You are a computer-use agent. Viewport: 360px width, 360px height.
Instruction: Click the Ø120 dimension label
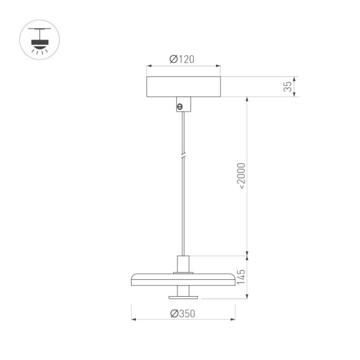[x=182, y=60]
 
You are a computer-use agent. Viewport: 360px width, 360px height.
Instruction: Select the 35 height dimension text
[x=287, y=87]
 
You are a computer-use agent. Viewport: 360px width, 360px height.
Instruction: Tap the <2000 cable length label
[x=241, y=176]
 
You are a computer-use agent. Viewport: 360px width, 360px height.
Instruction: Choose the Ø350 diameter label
[x=182, y=313]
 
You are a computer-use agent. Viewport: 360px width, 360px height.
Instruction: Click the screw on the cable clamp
[x=181, y=107]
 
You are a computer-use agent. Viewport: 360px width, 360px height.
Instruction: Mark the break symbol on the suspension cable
[x=182, y=156]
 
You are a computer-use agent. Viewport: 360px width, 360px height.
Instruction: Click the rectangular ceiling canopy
[x=182, y=87]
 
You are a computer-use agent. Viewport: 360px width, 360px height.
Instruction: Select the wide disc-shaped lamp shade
[x=182, y=276]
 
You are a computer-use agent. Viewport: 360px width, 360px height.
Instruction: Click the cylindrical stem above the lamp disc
[x=182, y=263]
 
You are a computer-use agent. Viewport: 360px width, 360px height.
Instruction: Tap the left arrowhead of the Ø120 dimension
[x=148, y=66]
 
